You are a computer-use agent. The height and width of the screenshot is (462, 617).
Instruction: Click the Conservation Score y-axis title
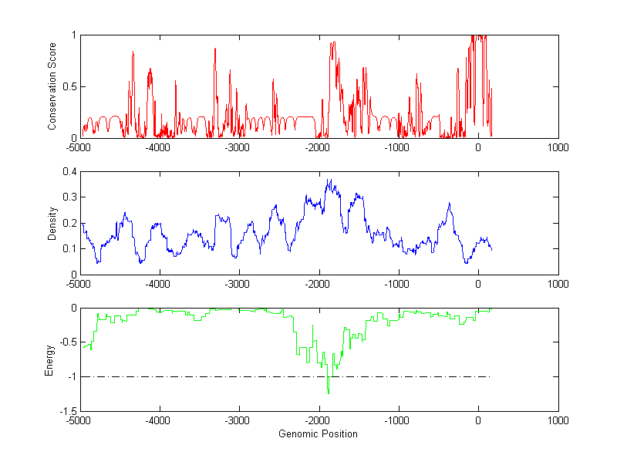(x=52, y=86)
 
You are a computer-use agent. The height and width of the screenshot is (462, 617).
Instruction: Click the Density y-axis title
(x=52, y=223)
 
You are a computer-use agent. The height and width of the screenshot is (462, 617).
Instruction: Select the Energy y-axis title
(x=49, y=359)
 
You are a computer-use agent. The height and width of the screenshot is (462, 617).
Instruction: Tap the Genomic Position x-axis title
(x=318, y=433)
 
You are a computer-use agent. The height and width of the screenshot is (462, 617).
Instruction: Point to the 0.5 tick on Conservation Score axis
(x=69, y=86)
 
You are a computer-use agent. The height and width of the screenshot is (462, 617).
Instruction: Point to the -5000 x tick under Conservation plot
(x=79, y=147)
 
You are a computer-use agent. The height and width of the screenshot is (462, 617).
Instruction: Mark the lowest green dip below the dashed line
(x=329, y=393)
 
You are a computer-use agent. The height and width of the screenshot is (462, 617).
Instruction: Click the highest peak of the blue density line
(x=329, y=180)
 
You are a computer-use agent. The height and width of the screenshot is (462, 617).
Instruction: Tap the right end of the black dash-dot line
(x=491, y=376)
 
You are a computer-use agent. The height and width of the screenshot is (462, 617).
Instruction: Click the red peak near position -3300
(x=215, y=49)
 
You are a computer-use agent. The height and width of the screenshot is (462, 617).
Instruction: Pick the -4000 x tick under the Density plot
(x=159, y=284)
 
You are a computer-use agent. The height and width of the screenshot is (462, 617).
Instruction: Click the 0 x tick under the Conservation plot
(x=478, y=147)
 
